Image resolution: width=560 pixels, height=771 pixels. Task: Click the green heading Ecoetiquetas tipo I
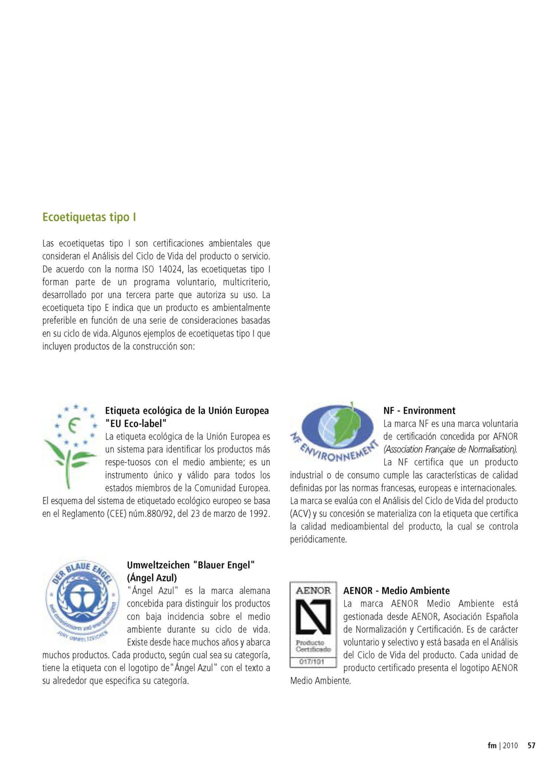point(89,217)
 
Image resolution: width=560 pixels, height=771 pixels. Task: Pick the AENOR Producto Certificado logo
point(313,625)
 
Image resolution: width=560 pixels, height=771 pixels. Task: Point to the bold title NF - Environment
point(419,411)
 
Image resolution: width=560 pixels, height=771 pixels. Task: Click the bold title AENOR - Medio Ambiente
point(396,591)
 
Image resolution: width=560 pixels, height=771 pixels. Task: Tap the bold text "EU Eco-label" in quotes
point(136,424)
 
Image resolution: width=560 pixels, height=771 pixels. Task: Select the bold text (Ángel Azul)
point(152,578)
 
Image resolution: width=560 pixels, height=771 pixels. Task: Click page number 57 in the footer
point(531,745)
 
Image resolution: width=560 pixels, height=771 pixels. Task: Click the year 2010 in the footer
point(510,745)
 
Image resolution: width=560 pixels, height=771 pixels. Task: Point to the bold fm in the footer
point(492,745)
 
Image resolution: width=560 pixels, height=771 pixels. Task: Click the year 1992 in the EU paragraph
point(258,514)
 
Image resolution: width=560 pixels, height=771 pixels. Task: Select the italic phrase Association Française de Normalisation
point(451,450)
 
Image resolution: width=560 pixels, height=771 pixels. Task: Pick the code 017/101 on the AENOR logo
point(312,661)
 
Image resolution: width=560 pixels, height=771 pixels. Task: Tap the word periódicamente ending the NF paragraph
point(318,539)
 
